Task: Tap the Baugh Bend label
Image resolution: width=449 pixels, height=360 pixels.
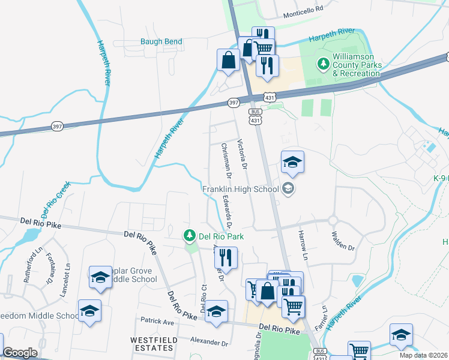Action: pyautogui.click(x=161, y=41)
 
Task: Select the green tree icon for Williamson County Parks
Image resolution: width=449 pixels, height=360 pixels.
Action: pyautogui.click(x=324, y=64)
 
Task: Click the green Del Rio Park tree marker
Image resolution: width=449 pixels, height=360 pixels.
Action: pyautogui.click(x=190, y=235)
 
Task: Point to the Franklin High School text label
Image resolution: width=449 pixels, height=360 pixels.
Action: pyautogui.click(x=240, y=189)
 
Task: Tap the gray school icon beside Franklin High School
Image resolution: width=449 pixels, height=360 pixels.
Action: pyautogui.click(x=288, y=189)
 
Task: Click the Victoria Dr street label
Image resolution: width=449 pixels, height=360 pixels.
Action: pyautogui.click(x=242, y=154)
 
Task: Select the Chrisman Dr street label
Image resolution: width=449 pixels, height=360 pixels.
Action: pyautogui.click(x=226, y=161)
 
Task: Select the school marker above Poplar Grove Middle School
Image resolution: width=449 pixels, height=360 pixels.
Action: pyautogui.click(x=101, y=278)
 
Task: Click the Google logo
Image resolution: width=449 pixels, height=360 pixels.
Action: pyautogui.click(x=20, y=353)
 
